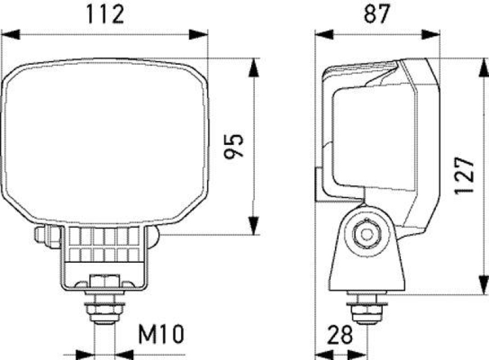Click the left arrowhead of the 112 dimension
7,34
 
